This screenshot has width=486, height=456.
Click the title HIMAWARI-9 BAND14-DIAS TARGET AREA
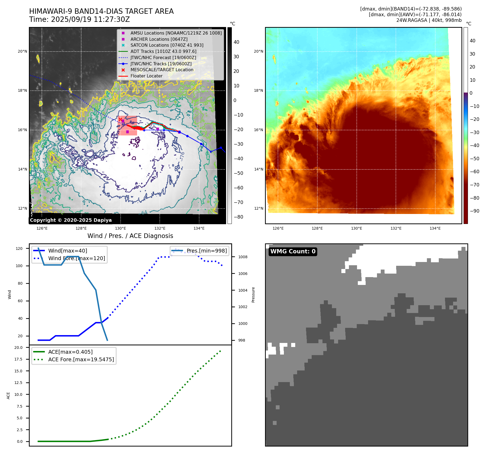pyautogui.click(x=101, y=11)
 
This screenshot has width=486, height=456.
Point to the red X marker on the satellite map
pyautogui.click(x=120, y=119)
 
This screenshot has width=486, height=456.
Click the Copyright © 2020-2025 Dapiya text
pyautogui.click(x=71, y=220)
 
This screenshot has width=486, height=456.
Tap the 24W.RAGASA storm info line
pyautogui.click(x=429, y=20)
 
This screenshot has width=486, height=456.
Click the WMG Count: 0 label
pyautogui.click(x=293, y=251)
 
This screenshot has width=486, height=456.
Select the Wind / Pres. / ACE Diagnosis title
pyautogui.click(x=130, y=236)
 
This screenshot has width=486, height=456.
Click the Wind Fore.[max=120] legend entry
pyautogui.click(x=77, y=258)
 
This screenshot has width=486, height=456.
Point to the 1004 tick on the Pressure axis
pyautogui.click(x=243, y=290)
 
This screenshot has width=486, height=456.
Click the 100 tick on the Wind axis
pyautogui.click(x=19, y=266)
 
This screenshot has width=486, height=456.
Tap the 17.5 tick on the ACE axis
pyautogui.click(x=18, y=359)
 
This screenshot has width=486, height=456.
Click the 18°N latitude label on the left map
pyautogui.click(x=22, y=91)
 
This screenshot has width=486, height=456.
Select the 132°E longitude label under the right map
pyautogui.click(x=396, y=229)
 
